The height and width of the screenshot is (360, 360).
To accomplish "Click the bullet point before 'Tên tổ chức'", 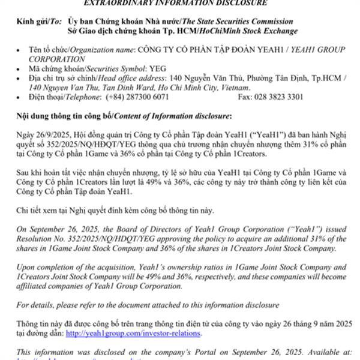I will pos(21,50).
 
